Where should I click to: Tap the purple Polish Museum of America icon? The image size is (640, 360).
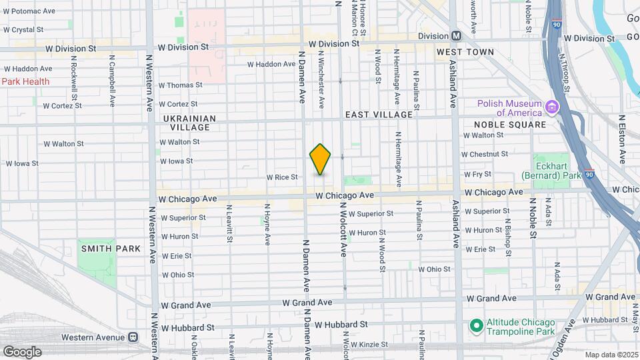pos(551,107)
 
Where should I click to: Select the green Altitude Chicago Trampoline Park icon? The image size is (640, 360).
pos(475,325)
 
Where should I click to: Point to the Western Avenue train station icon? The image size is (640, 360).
pos(133,337)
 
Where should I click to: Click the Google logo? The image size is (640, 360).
pos(22,351)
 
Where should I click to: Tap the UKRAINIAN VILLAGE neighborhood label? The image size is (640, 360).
pos(189,123)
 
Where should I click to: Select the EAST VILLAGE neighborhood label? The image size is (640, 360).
pos(379,115)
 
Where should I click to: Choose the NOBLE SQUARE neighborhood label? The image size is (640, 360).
pos(510,125)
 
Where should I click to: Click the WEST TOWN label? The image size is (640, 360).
pos(465,52)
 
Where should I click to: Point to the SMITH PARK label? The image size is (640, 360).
pos(111,249)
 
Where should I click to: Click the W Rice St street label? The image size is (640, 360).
pos(281,177)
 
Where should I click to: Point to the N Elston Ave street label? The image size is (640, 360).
pos(622,140)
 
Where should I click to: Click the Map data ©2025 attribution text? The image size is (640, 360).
pos(610,355)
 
